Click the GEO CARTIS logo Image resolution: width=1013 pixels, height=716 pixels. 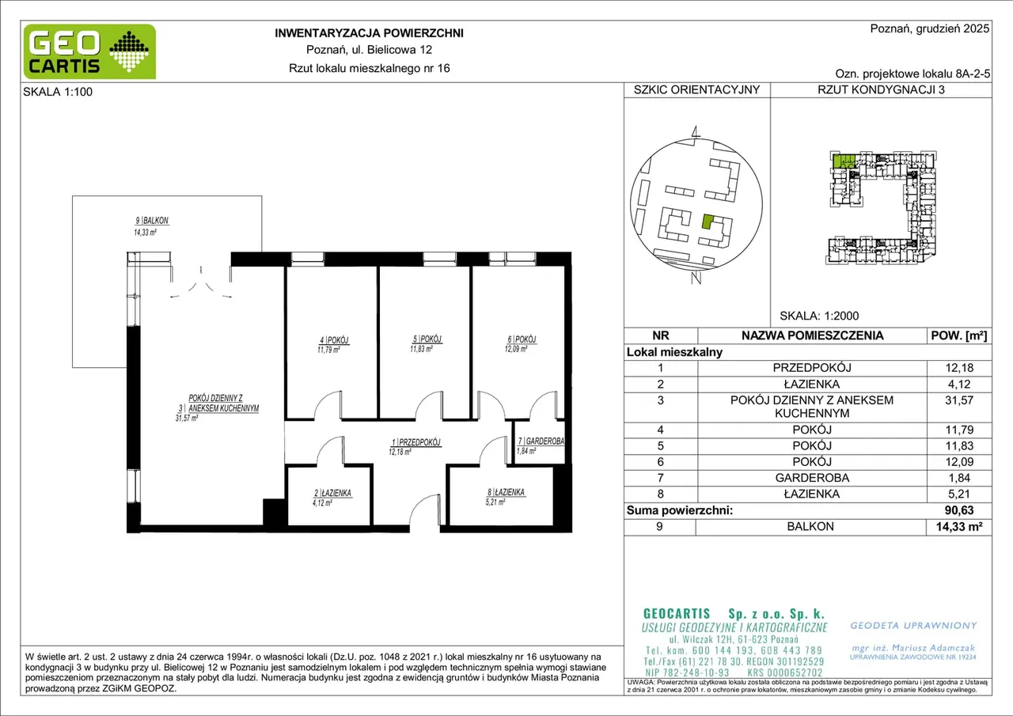click(x=89, y=52)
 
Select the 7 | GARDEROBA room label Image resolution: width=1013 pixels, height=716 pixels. click(x=541, y=441)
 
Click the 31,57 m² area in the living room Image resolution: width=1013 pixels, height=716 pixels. click(x=187, y=418)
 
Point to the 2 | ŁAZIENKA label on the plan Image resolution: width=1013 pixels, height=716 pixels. click(x=332, y=493)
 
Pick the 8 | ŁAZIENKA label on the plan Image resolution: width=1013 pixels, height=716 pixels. click(x=506, y=492)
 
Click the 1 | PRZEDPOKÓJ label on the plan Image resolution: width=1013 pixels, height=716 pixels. click(x=416, y=442)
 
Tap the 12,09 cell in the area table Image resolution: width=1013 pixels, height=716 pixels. click(x=959, y=461)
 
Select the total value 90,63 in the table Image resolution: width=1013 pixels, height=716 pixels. click(x=959, y=510)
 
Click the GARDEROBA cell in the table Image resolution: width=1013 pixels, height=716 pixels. click(x=812, y=478)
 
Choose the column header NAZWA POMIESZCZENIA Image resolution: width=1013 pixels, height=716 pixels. click(x=812, y=335)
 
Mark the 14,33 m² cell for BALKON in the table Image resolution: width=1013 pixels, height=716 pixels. click(x=959, y=527)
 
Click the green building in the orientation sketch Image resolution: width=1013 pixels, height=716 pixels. click(x=708, y=222)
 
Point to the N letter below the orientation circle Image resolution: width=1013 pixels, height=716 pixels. click(x=696, y=278)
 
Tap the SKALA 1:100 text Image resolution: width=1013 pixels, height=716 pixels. click(x=58, y=92)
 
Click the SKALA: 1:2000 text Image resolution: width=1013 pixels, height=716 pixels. click(x=819, y=316)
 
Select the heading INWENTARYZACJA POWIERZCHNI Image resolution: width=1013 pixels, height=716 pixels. click(x=369, y=33)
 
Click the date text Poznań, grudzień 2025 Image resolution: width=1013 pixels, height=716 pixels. click(x=930, y=28)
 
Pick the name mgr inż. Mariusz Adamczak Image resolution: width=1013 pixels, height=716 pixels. click(x=913, y=648)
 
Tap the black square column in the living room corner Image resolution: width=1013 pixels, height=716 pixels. click(x=275, y=512)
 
